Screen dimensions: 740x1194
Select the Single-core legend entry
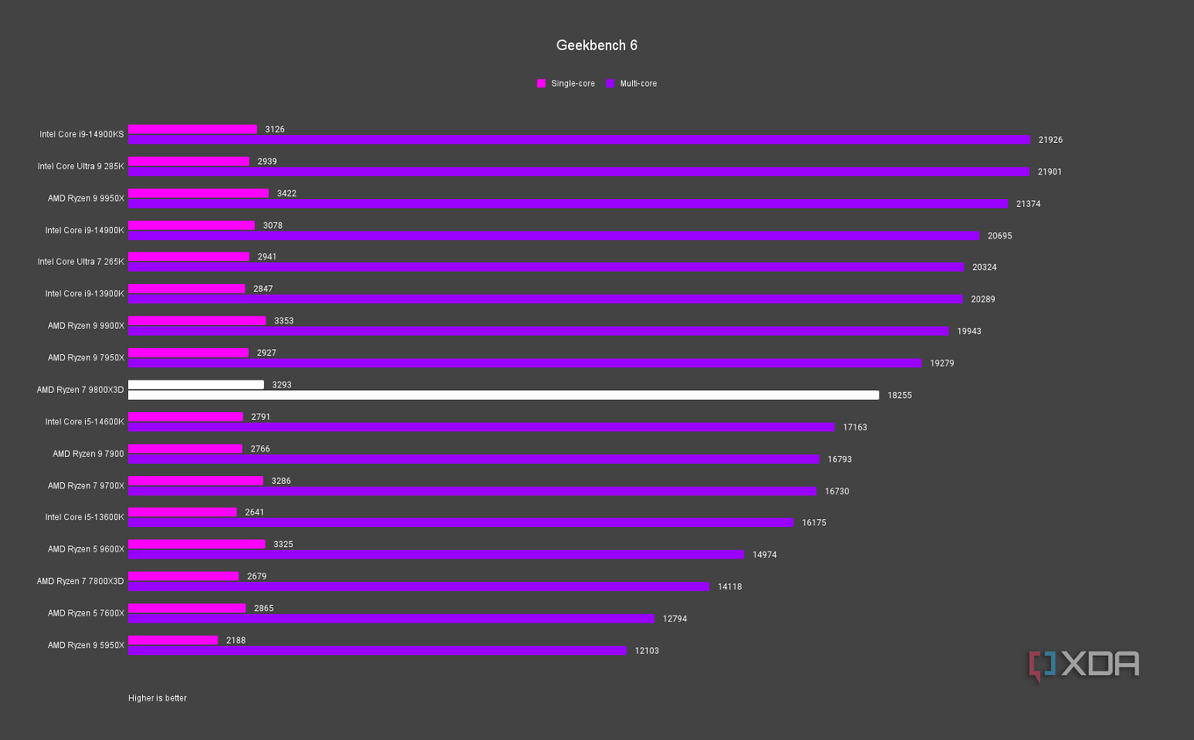click(565, 84)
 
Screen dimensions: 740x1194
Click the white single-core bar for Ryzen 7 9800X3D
click(195, 385)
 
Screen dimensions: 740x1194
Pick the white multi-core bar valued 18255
click(503, 395)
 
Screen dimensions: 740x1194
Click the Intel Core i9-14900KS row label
click(82, 135)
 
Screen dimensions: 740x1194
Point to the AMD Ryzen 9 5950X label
click(86, 645)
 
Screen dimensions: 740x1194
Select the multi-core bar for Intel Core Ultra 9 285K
click(579, 172)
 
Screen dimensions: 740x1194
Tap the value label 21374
click(1028, 204)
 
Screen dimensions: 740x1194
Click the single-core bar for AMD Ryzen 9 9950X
click(198, 193)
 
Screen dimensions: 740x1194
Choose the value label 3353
click(284, 321)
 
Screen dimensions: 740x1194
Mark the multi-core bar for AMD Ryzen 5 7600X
click(391, 619)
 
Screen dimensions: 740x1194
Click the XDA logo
click(1084, 665)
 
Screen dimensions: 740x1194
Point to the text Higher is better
click(157, 699)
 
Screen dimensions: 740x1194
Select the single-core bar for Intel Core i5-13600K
click(182, 512)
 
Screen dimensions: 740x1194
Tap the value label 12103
click(647, 651)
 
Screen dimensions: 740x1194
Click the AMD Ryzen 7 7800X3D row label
click(81, 581)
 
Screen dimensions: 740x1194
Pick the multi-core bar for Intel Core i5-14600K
click(481, 427)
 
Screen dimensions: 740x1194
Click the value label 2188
click(236, 640)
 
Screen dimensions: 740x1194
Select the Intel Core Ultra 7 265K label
click(81, 262)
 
